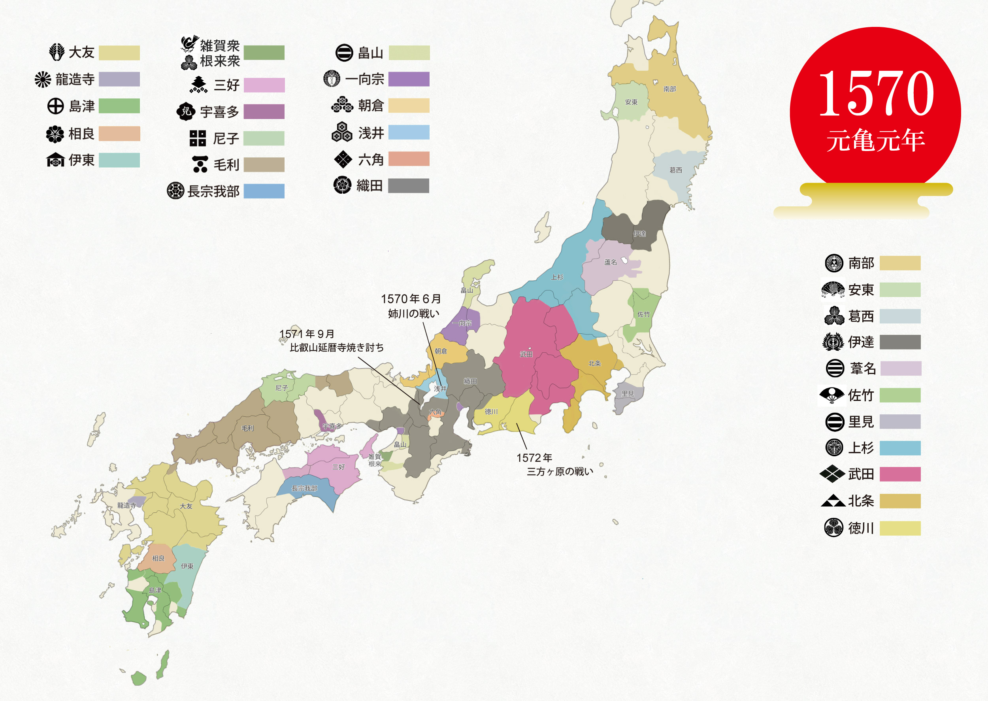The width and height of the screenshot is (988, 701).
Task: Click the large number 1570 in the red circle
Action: click(x=876, y=94)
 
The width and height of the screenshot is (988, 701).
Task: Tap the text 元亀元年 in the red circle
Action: click(x=875, y=140)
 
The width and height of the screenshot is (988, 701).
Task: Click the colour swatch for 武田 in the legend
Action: click(x=900, y=474)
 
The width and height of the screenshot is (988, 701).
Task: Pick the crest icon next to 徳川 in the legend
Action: click(x=833, y=527)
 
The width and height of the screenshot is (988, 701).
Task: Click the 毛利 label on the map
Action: click(x=247, y=428)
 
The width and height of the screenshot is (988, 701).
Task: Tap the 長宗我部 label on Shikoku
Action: click(x=304, y=488)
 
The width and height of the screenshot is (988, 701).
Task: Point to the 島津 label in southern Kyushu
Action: click(x=155, y=590)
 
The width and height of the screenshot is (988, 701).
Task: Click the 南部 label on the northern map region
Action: click(x=669, y=89)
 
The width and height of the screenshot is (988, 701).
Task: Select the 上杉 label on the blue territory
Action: click(x=557, y=277)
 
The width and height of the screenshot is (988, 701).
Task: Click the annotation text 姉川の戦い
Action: click(x=413, y=314)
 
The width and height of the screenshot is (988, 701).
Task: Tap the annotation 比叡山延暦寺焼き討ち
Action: click(x=337, y=348)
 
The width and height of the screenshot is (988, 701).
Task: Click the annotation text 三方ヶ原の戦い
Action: click(x=560, y=471)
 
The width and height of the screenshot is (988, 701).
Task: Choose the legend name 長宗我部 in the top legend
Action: click(x=213, y=191)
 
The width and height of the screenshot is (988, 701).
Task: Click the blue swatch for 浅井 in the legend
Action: click(x=409, y=132)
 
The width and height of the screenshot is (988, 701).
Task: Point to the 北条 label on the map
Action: click(x=594, y=363)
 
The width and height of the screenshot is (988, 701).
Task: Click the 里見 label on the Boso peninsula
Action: click(x=628, y=394)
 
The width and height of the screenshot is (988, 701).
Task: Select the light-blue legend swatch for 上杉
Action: click(x=900, y=448)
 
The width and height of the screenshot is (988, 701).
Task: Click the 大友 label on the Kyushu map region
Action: click(x=186, y=506)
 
